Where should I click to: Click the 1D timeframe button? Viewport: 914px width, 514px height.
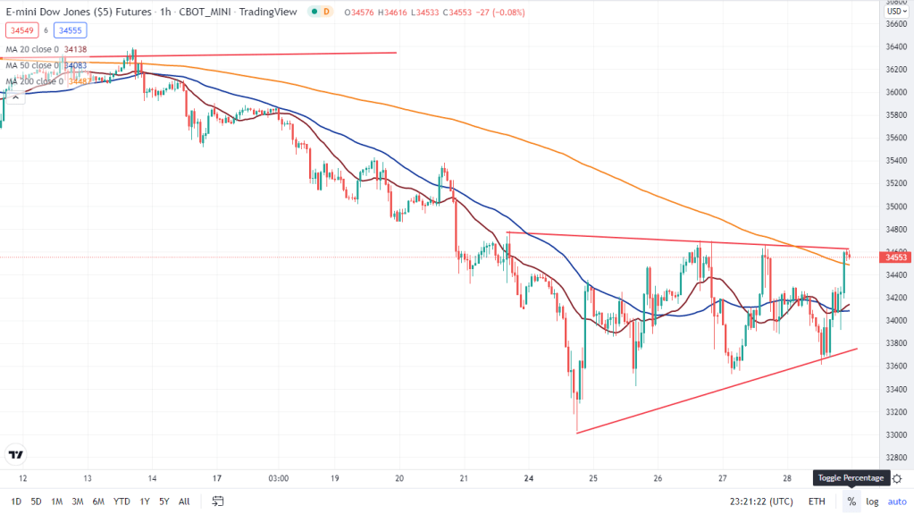(17, 501)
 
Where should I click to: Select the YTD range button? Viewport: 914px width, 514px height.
(122, 501)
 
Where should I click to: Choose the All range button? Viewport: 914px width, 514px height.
(184, 501)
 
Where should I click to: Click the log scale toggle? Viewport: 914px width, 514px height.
(872, 501)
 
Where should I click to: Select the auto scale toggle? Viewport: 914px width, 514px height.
(896, 501)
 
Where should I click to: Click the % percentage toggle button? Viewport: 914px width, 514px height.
(851, 501)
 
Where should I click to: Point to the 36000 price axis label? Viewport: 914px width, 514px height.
(894, 92)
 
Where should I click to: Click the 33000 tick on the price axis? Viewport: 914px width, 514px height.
(894, 434)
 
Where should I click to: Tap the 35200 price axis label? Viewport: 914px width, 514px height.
(894, 183)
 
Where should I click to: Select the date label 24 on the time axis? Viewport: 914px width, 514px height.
(530, 478)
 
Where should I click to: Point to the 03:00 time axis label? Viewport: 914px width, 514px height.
(278, 478)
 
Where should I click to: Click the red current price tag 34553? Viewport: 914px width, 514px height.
(896, 257)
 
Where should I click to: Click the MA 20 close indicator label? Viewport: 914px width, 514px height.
(32, 49)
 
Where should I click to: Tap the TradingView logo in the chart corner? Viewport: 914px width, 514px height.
(15, 454)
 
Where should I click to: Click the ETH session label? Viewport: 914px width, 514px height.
(817, 501)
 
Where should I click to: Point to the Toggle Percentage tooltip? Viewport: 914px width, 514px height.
(851, 478)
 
